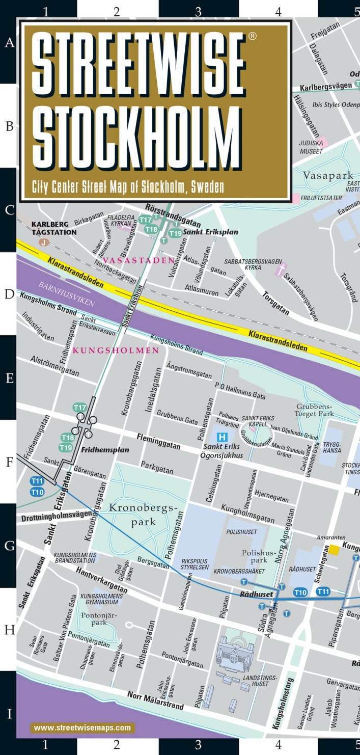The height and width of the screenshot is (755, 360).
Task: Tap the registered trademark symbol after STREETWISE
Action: pos(252,37)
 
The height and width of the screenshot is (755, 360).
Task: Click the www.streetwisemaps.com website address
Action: pos(83,727)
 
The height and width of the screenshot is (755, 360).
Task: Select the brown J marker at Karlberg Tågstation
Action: pos(44,242)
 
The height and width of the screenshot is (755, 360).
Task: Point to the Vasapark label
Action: pos(328,176)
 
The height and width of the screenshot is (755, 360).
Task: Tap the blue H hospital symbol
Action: pos(222,437)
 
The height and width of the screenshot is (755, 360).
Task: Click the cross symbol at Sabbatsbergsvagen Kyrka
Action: pos(279,267)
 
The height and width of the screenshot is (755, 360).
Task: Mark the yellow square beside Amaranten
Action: pos(334,549)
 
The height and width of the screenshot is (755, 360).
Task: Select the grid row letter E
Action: pos(9,379)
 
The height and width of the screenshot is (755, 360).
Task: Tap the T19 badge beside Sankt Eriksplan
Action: pos(175,233)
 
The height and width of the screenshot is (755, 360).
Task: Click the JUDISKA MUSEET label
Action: pos(311,147)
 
